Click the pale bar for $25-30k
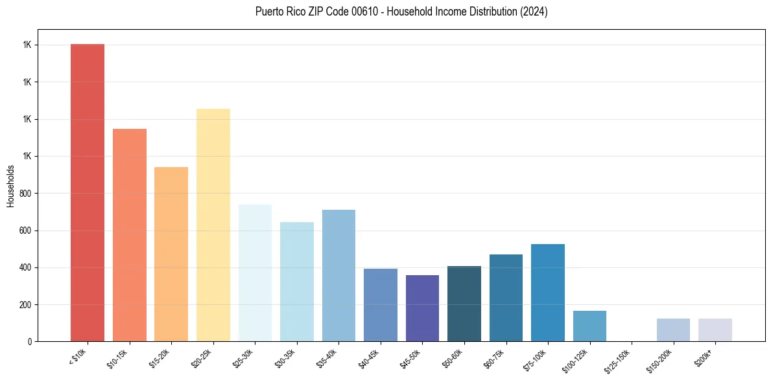[255, 273]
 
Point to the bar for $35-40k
[338, 275]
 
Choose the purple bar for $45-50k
[422, 308]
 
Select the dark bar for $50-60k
[464, 303]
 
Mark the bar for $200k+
[715, 330]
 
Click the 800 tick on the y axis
[27, 194]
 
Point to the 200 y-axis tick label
[27, 305]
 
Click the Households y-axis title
[11, 186]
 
